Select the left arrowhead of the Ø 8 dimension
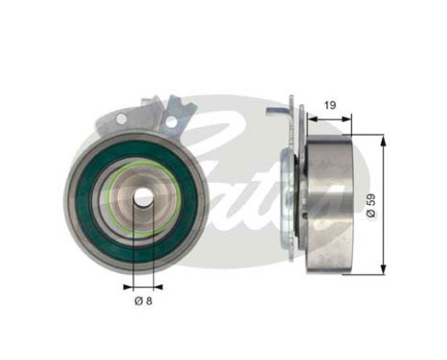pyautogui.click(x=124, y=284)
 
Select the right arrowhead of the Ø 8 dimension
pyautogui.click(x=156, y=284)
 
